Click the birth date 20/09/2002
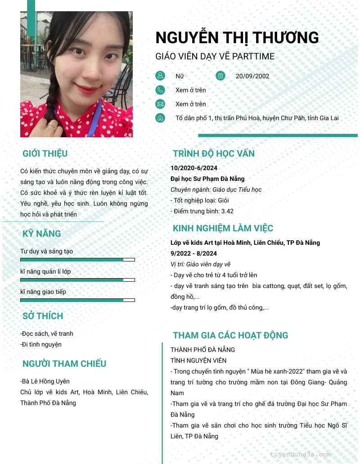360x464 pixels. (x=252, y=76)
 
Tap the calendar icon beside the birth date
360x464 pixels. (x=220, y=76)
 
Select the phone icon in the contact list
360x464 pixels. (x=160, y=90)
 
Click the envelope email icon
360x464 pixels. (x=160, y=104)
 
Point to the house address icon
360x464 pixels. (x=160, y=118)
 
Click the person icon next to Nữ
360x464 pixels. (x=160, y=76)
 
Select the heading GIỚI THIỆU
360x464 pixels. (x=45, y=153)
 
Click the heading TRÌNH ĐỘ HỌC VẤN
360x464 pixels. (x=214, y=153)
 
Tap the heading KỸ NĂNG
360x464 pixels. (x=42, y=234)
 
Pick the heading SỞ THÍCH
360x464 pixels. (x=43, y=316)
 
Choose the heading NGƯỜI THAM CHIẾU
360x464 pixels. (x=64, y=364)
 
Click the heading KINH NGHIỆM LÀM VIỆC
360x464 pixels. (x=223, y=228)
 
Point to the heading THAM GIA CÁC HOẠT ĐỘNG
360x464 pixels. (x=230, y=335)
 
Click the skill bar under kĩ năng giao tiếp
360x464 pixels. (x=77, y=300)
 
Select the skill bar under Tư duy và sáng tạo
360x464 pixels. (x=77, y=260)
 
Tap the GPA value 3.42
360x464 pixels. (x=227, y=211)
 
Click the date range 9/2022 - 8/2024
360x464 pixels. (x=193, y=253)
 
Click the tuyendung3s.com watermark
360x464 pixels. (x=301, y=454)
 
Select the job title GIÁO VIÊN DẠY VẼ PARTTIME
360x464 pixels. (x=215, y=56)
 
